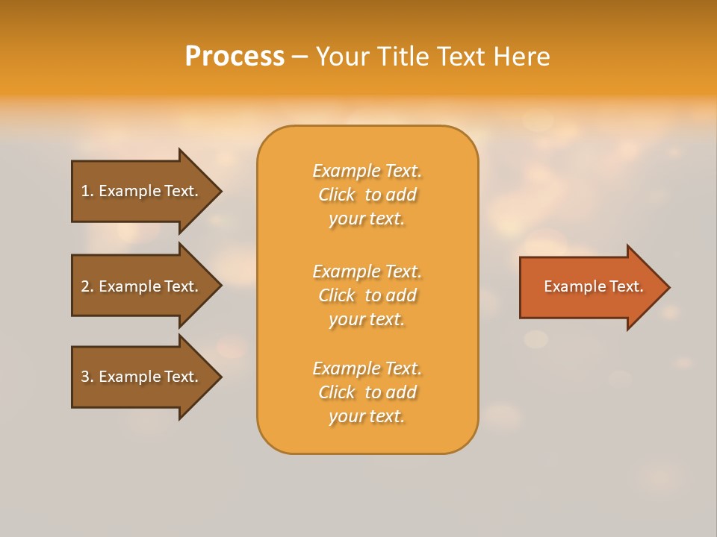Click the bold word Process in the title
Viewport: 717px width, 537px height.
tap(235, 57)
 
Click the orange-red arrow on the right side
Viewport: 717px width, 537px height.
tap(590, 287)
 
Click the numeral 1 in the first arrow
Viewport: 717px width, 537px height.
tap(85, 191)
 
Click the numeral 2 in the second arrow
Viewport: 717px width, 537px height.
tap(85, 286)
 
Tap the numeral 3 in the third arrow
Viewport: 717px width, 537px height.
tap(85, 377)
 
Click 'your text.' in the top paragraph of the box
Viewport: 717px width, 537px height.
tap(367, 219)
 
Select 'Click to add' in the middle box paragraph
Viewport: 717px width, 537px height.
tap(367, 295)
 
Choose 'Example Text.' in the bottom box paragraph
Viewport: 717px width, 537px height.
tap(367, 368)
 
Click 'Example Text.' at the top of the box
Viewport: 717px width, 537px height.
tap(367, 171)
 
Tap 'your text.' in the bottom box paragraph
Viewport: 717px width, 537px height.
tap(367, 416)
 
